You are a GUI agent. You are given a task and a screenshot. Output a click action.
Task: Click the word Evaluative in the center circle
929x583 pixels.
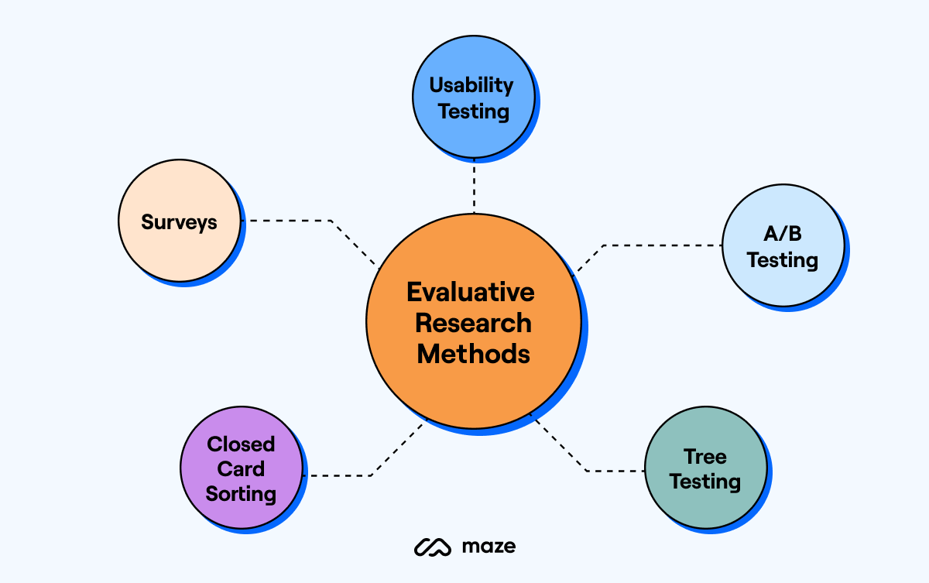[x=471, y=292]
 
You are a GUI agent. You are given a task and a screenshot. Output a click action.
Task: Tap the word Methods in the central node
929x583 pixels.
[x=473, y=354]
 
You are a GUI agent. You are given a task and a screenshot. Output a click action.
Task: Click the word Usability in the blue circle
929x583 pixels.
[x=471, y=84]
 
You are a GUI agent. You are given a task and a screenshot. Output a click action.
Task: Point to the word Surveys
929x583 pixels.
[x=179, y=222]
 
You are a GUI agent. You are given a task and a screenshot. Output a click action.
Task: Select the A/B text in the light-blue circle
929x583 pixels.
[x=782, y=235]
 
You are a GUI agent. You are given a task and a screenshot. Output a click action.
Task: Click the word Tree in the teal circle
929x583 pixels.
[x=704, y=456]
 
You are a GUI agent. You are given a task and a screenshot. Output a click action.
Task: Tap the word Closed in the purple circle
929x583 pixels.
[x=241, y=444]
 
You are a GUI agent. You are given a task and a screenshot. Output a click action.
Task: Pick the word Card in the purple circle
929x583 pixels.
[x=241, y=468]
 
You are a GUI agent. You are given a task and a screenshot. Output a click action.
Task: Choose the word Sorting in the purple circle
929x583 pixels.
[x=241, y=493]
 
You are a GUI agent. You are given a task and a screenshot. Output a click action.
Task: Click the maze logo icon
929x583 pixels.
[x=432, y=547]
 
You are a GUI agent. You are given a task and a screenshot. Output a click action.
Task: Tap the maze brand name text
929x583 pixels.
[x=488, y=547]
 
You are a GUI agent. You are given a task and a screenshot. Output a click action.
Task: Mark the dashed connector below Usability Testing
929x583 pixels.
[x=474, y=187]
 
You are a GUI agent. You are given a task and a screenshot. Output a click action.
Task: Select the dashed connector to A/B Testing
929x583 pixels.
[x=658, y=245]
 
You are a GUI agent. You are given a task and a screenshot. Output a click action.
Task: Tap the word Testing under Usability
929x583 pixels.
[x=473, y=111]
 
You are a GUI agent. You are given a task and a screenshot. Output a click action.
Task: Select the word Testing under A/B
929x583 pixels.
[x=782, y=260]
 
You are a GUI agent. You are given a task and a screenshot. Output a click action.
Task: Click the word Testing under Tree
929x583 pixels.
[x=704, y=482]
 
